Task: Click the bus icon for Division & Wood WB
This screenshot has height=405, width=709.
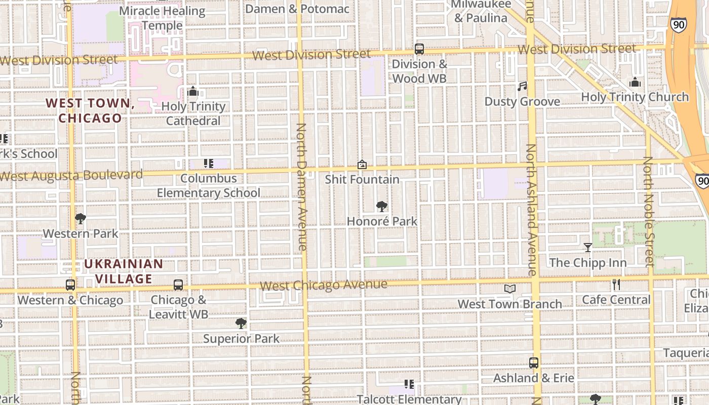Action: point(419,49)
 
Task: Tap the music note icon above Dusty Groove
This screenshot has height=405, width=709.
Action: point(522,87)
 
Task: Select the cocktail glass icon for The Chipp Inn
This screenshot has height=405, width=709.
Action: point(587,248)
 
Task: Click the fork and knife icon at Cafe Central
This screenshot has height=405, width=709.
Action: point(616,285)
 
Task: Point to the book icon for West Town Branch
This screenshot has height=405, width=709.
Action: point(509,289)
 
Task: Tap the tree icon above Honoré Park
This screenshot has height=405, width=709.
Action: point(382,206)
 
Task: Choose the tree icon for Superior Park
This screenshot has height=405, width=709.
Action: point(241,323)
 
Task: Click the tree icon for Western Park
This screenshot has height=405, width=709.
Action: point(80,219)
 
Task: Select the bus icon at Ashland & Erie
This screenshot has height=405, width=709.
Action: point(534,362)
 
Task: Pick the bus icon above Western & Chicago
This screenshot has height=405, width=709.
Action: point(70,285)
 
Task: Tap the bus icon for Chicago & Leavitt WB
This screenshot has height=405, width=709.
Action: point(178,285)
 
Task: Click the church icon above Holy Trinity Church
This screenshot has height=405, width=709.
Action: point(635,82)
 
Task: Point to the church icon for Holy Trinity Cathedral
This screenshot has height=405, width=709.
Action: point(192,92)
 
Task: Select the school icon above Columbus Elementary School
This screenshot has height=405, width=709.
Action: point(208,164)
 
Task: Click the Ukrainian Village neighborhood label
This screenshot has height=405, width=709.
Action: point(124,271)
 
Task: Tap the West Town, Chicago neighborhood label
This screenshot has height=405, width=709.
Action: point(90,110)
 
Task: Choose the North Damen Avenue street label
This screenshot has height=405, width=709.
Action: point(301,187)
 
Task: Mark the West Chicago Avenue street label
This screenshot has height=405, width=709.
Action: point(324,286)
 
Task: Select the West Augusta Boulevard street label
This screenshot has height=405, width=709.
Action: point(71,176)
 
